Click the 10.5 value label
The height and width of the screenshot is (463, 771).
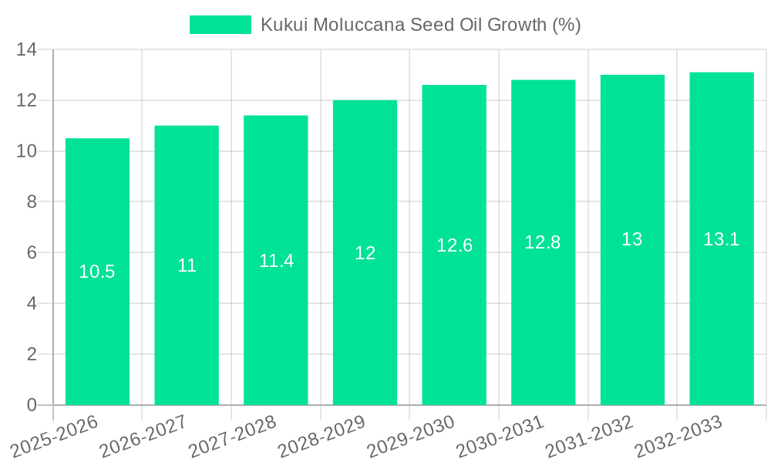pyautogui.click(x=97, y=272)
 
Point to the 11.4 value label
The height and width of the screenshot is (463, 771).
pyautogui.click(x=276, y=261)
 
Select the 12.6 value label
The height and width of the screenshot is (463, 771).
pyautogui.click(x=454, y=245)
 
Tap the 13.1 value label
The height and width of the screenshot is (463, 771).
pyautogui.click(x=722, y=239)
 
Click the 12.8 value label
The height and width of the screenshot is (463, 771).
pyautogui.click(x=543, y=242)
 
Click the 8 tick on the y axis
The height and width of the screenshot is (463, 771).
pyautogui.click(x=32, y=202)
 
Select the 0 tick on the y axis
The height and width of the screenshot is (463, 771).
pyautogui.click(x=32, y=405)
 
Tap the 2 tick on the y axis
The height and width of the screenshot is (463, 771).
pyautogui.click(x=32, y=354)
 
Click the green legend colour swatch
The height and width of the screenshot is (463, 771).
pyautogui.click(x=221, y=25)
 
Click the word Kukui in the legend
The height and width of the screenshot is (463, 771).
pyautogui.click(x=282, y=25)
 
